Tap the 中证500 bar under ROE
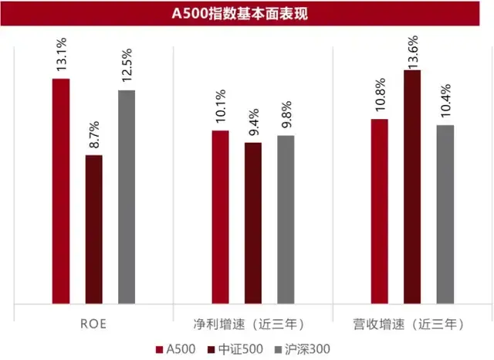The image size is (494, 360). coord(93,229)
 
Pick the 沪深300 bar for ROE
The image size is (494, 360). coord(127,197)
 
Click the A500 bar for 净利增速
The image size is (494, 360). coord(221,217)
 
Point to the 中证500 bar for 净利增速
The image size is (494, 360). coord(253,223)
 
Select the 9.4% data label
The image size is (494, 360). coord(254,124)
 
